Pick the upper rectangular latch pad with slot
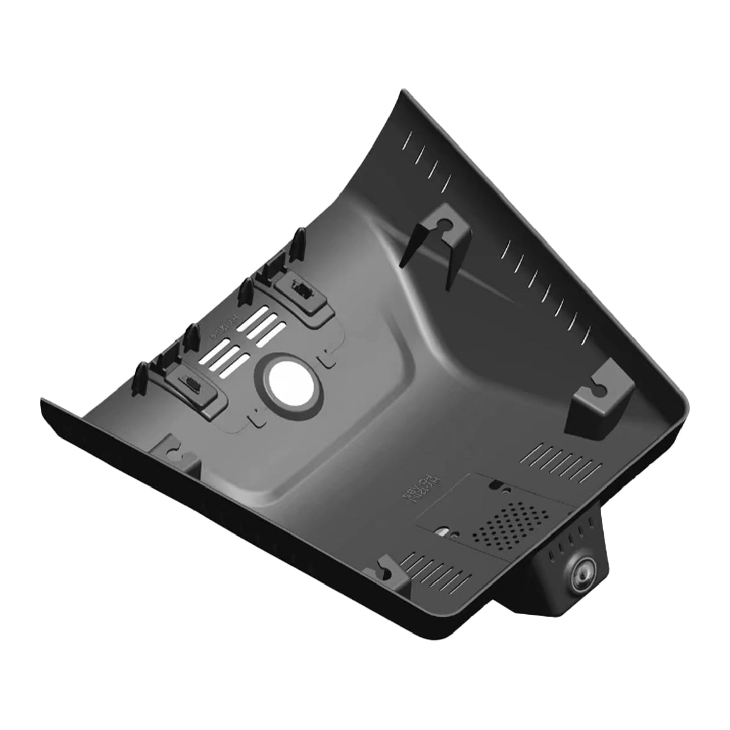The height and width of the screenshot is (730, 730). [x=302, y=293]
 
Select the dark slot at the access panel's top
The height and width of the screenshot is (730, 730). [x=497, y=486]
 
